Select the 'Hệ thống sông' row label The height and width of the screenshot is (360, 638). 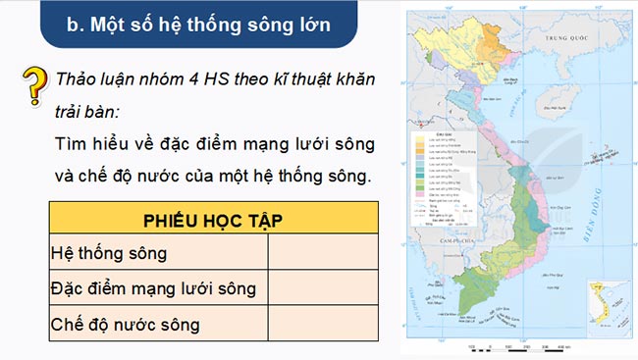(x=109, y=253)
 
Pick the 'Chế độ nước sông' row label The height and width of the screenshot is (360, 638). (x=125, y=323)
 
